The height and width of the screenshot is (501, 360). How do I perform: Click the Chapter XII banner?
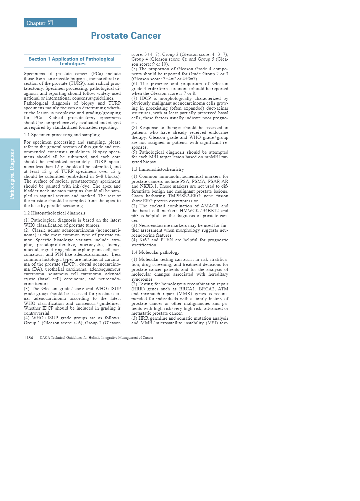[50, 23]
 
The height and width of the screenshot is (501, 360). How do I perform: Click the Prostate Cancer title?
[126, 36]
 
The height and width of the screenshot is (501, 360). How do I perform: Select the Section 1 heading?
[72, 61]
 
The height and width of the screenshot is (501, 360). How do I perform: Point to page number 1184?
[28, 338]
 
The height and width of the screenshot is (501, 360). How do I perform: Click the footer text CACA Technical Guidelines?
[96, 338]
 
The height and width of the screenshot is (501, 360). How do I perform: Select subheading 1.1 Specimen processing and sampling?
[62, 135]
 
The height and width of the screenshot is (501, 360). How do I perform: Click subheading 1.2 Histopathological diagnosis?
[55, 213]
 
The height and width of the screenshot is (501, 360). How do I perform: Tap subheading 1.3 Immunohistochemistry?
[158, 169]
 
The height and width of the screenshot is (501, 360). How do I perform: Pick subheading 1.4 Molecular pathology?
[155, 252]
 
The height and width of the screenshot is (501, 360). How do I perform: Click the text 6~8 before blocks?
[99, 176]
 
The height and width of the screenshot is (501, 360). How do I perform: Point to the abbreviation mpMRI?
[209, 157]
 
